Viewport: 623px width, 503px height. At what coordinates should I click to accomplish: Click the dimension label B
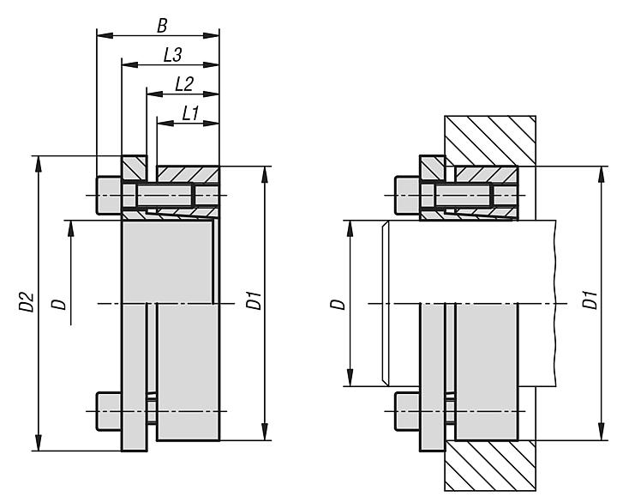pyautogui.click(x=161, y=26)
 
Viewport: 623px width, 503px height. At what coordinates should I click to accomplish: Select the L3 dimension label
pyautogui.click(x=172, y=55)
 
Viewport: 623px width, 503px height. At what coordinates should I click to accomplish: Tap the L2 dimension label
pyautogui.click(x=183, y=83)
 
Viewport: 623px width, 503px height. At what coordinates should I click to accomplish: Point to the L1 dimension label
pyautogui.click(x=190, y=112)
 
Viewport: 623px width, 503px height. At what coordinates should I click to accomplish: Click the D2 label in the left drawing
pyautogui.click(x=26, y=302)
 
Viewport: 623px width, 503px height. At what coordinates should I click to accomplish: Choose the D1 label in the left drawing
pyautogui.click(x=252, y=302)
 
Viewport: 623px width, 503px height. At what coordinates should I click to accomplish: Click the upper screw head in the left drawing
pyautogui.click(x=108, y=197)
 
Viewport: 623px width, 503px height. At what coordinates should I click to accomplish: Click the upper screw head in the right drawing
pyautogui.click(x=406, y=197)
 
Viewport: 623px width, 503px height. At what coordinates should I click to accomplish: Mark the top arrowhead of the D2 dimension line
pyautogui.click(x=38, y=162)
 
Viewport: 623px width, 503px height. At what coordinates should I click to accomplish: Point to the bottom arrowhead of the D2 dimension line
pyautogui.click(x=38, y=444)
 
